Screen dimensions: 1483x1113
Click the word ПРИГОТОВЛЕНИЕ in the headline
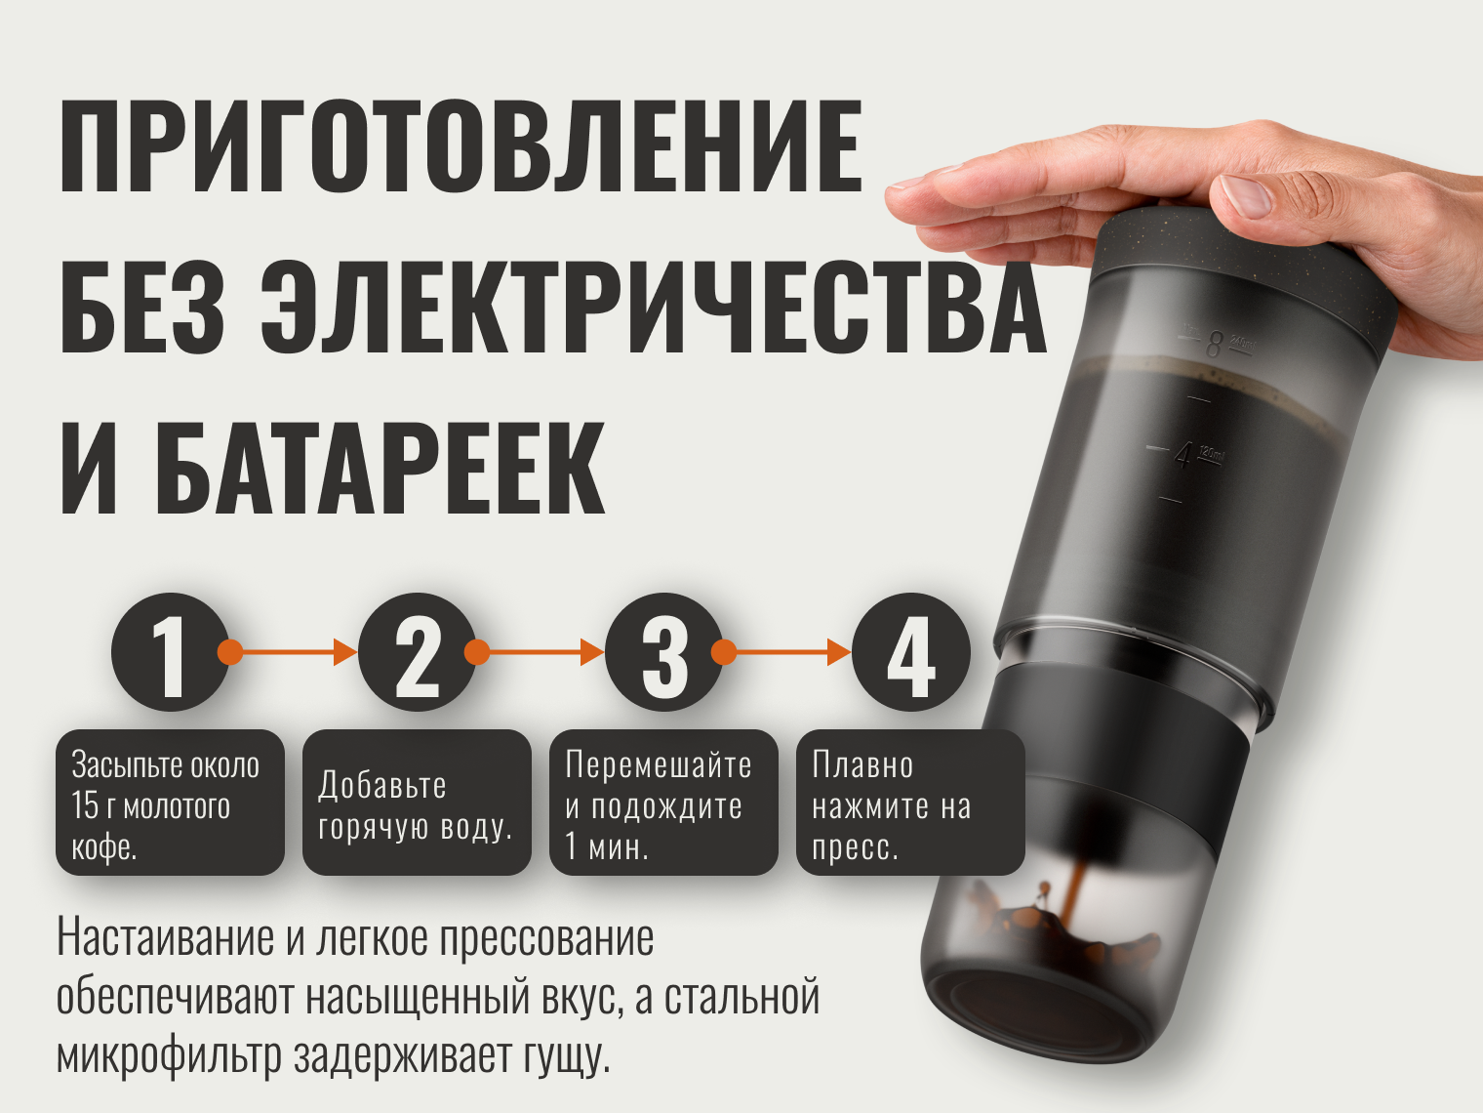(461, 146)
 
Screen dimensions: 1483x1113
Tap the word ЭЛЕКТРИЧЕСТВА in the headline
(654, 307)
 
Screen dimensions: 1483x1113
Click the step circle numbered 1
(171, 652)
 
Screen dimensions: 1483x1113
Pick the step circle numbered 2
(417, 652)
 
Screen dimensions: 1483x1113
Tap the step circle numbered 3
(664, 652)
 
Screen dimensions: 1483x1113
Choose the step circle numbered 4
(910, 652)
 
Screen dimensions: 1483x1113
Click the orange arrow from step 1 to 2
(287, 652)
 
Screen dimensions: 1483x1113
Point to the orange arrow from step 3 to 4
(782, 652)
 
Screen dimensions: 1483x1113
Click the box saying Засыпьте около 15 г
(171, 803)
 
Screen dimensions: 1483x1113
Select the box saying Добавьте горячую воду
(417, 803)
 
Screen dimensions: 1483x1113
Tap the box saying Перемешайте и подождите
(664, 803)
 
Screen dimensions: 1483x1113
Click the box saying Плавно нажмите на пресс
(910, 803)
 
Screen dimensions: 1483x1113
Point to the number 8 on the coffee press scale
(1214, 345)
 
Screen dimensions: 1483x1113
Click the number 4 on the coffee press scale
(1182, 457)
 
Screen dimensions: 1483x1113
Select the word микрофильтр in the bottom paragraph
(169, 1056)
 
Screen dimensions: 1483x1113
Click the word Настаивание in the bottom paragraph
(166, 938)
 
